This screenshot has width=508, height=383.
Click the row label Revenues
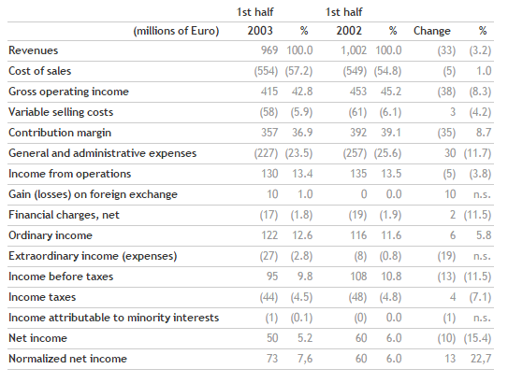34,50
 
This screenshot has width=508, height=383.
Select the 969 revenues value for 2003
269,50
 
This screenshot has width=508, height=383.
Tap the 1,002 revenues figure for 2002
354,50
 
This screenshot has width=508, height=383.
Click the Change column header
432,31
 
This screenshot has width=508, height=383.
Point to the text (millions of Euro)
176,31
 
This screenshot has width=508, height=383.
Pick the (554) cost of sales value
266,71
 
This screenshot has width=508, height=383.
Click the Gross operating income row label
68,92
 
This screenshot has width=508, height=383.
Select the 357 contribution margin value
269,133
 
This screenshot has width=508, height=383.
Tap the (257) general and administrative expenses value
356,153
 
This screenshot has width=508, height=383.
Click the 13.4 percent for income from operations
302,174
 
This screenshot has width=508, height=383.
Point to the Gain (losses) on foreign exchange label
93,194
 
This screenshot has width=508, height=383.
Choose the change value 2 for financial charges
453,215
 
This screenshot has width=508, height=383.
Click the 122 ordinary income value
269,235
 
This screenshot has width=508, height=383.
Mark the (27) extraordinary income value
269,256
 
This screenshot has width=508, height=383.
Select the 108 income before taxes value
358,277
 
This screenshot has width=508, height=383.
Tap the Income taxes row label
42,297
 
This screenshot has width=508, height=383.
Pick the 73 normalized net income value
272,359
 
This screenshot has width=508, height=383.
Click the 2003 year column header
260,31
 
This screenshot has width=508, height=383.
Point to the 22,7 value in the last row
481,359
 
